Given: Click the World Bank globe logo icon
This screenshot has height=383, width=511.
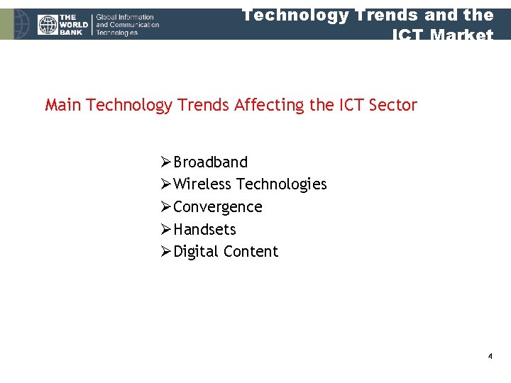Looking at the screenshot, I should point(47,25).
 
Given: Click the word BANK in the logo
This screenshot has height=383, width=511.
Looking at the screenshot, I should point(72,33).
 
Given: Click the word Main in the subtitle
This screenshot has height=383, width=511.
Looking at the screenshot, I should point(62,106).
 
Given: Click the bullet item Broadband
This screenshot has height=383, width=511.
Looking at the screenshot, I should point(210,162).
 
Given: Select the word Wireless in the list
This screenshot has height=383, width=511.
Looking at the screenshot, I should point(202,184).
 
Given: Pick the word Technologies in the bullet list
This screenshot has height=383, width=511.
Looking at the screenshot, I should point(281,184).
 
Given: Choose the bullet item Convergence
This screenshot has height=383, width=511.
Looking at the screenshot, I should point(217,207).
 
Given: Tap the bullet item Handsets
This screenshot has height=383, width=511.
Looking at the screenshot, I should point(204,230).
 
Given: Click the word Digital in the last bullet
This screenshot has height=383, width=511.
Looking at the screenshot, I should point(196,252).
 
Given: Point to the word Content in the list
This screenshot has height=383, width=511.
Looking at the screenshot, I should point(251,252).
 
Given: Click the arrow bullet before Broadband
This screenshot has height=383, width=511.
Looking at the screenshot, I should point(165,162).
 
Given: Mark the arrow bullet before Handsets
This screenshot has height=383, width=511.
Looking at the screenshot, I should point(165,230).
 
